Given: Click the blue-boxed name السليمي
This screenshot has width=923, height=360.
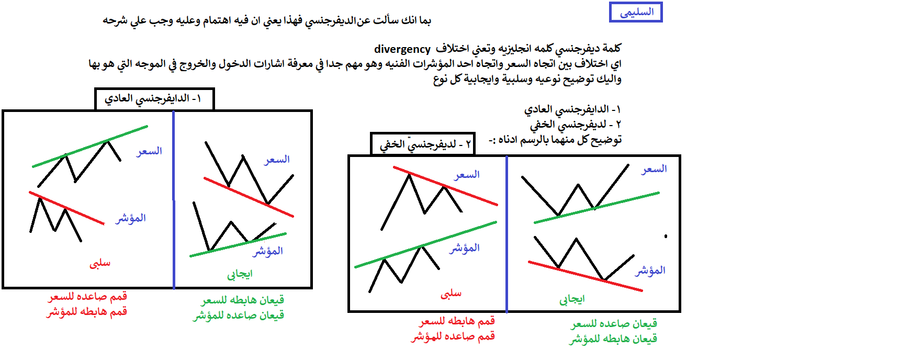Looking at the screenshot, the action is (x=636, y=12).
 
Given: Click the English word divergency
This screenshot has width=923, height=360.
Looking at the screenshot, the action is (x=402, y=49).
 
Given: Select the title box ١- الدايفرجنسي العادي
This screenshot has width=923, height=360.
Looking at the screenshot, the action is (x=154, y=99).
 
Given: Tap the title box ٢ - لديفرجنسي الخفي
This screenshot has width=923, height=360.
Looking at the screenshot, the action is (x=423, y=144).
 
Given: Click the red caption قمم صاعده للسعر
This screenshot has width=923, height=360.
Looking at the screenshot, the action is (x=88, y=297).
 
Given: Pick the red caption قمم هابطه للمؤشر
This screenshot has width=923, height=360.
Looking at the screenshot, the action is (x=87, y=312).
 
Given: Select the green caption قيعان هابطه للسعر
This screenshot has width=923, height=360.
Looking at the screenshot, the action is (x=243, y=300).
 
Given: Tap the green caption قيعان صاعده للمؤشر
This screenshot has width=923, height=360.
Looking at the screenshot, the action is (x=239, y=315).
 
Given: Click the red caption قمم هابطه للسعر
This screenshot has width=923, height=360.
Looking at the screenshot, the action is (x=457, y=321).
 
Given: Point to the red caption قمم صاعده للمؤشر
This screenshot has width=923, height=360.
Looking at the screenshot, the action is (x=453, y=336).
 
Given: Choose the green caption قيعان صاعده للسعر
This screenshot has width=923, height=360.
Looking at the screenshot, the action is (x=614, y=324).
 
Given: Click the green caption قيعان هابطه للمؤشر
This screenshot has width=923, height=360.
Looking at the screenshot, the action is (x=613, y=339).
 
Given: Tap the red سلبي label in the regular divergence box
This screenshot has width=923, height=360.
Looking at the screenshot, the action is (x=100, y=263).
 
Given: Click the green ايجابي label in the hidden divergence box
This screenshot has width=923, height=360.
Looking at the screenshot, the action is (x=572, y=299).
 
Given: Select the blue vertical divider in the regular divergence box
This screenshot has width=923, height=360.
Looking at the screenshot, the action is (x=174, y=199).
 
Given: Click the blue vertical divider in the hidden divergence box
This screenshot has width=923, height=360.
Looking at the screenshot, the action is (x=506, y=234).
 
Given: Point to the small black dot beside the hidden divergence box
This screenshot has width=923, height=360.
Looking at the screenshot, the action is (x=666, y=237).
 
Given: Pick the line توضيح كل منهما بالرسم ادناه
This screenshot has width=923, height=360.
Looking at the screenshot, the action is (x=555, y=140).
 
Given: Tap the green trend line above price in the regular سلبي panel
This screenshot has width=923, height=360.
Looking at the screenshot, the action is (x=90, y=147).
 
